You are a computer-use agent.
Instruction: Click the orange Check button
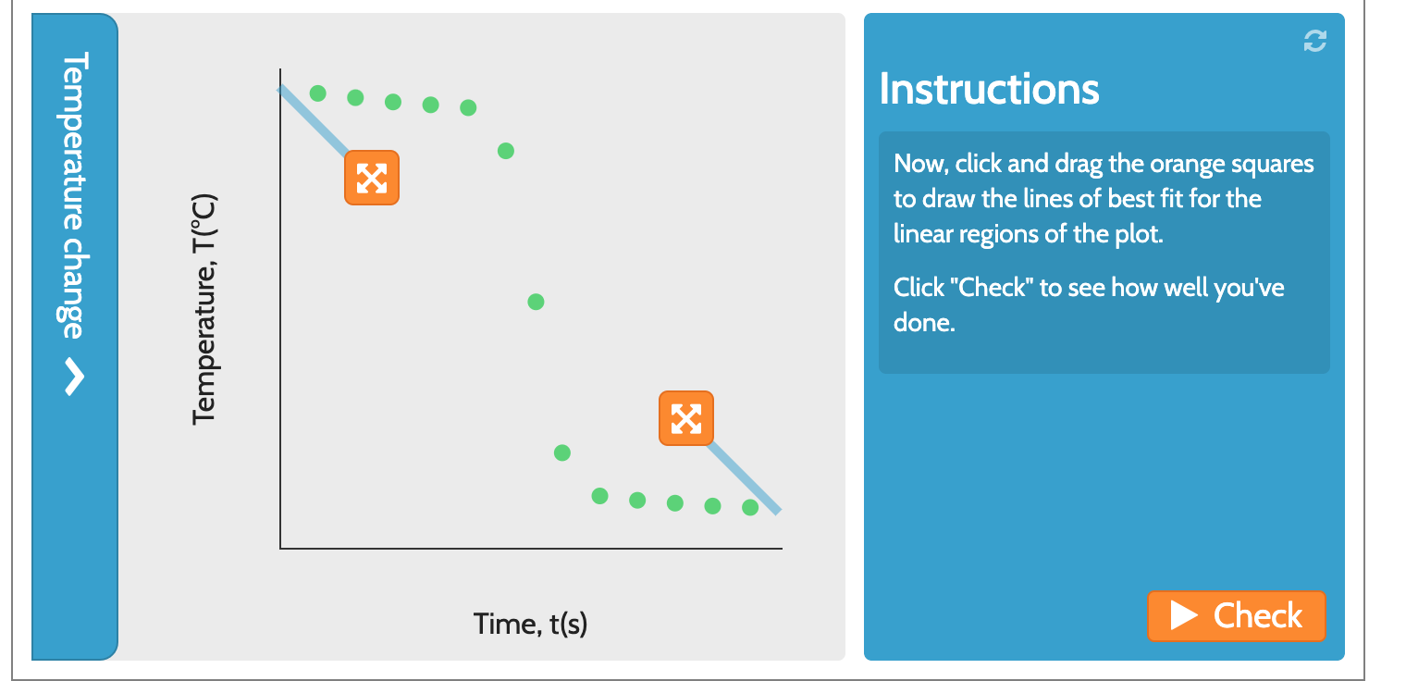(1236, 616)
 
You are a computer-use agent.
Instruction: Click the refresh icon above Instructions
(1314, 41)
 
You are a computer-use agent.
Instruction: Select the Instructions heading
(989, 89)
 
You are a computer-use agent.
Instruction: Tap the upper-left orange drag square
(372, 178)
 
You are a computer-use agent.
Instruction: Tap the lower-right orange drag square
(686, 418)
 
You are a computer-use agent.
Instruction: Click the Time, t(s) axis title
(530, 624)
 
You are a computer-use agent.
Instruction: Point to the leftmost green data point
(318, 93)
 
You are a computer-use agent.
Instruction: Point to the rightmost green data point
(750, 507)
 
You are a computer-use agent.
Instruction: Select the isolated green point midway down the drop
(536, 302)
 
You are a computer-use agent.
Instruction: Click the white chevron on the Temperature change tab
(75, 377)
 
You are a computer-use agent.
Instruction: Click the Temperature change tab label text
(75, 194)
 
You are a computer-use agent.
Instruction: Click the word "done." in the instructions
(923, 323)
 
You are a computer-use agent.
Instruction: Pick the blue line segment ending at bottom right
(746, 478)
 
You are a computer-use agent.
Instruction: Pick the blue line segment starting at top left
(313, 119)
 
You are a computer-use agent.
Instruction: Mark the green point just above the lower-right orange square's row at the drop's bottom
(562, 452)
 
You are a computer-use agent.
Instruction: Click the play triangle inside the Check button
(1183, 616)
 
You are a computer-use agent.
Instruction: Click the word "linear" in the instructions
(921, 234)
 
